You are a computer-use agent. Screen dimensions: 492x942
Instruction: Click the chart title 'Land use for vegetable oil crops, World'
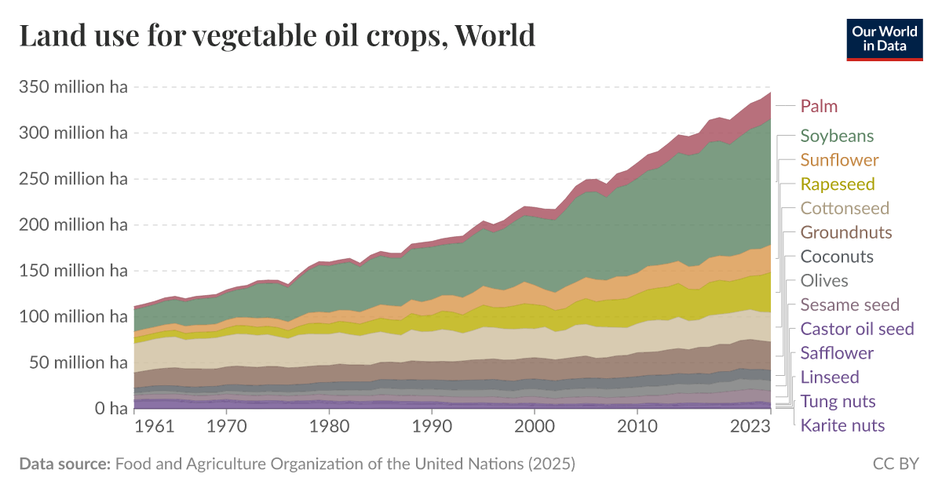pos(276,36)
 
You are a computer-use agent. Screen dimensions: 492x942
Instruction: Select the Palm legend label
pos(819,106)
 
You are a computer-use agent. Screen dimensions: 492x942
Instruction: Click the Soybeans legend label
pos(837,136)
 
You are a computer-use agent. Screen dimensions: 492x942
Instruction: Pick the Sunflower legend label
pos(839,160)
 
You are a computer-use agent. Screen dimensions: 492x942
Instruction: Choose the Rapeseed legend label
pos(837,184)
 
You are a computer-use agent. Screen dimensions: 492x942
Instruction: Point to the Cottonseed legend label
pos(845,209)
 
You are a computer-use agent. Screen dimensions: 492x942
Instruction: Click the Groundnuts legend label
pos(846,232)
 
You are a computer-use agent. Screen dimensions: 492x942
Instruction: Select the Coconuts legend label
pos(837,257)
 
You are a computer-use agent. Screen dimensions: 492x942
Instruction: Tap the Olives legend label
pos(824,281)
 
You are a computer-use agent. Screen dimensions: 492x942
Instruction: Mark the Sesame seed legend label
pos(850,305)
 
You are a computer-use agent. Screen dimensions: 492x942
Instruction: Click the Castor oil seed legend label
pos(857,329)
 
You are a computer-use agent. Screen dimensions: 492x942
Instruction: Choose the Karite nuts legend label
pos(842,426)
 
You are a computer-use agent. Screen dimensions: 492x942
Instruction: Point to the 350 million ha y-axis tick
pos(72,87)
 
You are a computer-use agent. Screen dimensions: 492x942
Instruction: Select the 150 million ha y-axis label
pos(72,271)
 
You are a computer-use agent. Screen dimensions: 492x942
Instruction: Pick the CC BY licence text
pos(896,464)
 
